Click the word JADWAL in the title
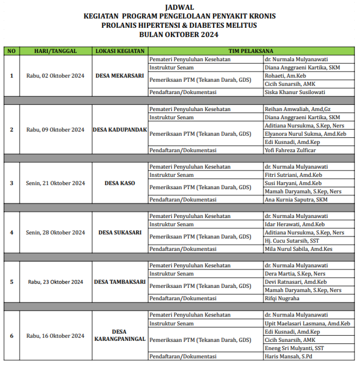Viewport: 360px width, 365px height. click(179, 7)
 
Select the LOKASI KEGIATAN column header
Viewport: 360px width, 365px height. click(120, 51)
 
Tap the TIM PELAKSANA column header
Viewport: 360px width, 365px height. click(251, 51)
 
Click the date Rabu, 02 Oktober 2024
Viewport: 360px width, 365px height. click(55, 76)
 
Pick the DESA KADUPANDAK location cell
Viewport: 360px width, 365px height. click(120, 130)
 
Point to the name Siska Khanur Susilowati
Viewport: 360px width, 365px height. click(295, 92)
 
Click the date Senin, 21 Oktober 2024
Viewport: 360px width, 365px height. click(55, 183)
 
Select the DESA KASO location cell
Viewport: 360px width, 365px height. click(120, 183)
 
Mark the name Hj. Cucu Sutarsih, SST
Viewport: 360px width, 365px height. click(292, 241)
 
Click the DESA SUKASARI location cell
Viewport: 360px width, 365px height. click(120, 232)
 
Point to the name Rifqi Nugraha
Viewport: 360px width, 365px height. click(282, 298)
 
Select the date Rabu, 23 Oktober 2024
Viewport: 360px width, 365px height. click(55, 282)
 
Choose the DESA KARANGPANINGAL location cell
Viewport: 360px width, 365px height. click(120, 335)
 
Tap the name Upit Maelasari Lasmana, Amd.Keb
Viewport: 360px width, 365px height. click(307, 324)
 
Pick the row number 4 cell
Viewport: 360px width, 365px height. click(12, 232)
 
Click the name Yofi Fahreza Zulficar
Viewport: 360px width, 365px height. click(290, 150)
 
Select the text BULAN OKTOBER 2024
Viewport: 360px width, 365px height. click(179, 35)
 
